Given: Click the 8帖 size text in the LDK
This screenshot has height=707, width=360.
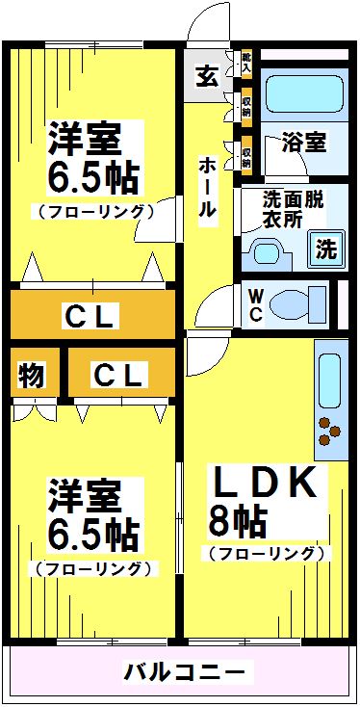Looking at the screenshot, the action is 238,521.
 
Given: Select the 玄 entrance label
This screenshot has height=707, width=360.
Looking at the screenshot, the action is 207,76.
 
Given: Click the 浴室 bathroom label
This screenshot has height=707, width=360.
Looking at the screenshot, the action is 302,143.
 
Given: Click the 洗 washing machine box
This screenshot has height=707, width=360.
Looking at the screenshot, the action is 327,250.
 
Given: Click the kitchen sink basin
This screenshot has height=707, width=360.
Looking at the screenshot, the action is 328,380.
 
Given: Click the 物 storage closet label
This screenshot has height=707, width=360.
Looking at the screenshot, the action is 32,374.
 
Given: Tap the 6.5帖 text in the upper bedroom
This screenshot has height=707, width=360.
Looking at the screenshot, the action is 92,177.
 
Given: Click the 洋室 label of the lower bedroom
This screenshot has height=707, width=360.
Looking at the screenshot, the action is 86,497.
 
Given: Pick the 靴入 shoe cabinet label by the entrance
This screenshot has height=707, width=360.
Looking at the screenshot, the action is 246,65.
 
